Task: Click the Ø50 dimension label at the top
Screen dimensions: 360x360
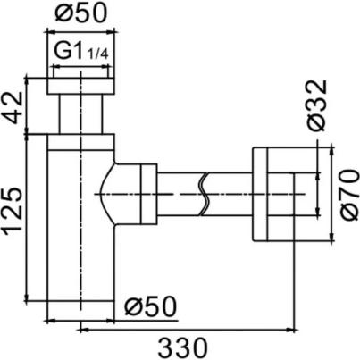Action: point(81,13)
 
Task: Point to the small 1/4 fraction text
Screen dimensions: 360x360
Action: point(97,54)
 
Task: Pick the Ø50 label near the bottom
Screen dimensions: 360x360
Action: point(150,306)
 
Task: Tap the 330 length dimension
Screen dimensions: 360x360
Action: point(182,348)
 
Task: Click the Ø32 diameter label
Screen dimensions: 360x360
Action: point(317,105)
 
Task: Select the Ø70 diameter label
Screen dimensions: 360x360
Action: point(349,195)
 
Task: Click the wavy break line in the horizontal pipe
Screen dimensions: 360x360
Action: point(203,194)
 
